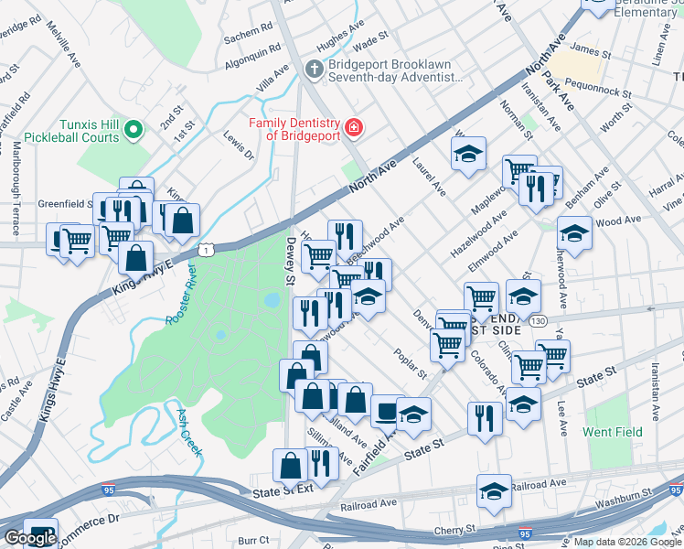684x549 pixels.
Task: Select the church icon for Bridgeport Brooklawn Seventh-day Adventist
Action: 314,69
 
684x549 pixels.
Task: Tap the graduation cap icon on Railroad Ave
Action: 494,491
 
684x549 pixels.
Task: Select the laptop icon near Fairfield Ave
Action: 388,410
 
